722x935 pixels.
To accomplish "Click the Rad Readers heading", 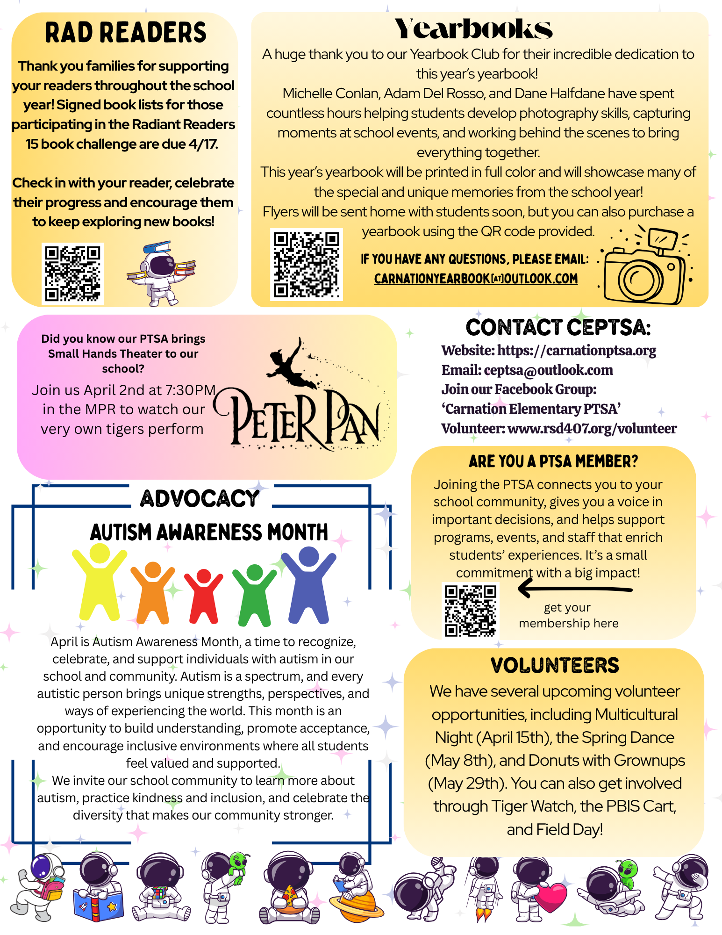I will click(125, 33).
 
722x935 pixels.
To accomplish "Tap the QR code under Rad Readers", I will click(72, 273).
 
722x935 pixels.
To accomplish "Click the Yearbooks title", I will click(473, 29).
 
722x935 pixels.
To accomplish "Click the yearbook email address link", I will click(476, 279).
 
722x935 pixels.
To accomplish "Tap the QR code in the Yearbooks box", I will click(306, 264).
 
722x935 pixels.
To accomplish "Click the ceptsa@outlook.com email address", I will click(548, 370).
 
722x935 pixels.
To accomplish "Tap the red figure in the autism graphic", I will click(203, 596).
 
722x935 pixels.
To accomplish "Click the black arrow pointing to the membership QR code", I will click(575, 588).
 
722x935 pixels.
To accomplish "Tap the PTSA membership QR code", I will click(470, 611).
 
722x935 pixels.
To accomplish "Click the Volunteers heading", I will click(554, 665).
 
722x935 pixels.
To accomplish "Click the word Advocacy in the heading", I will click(200, 498).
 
